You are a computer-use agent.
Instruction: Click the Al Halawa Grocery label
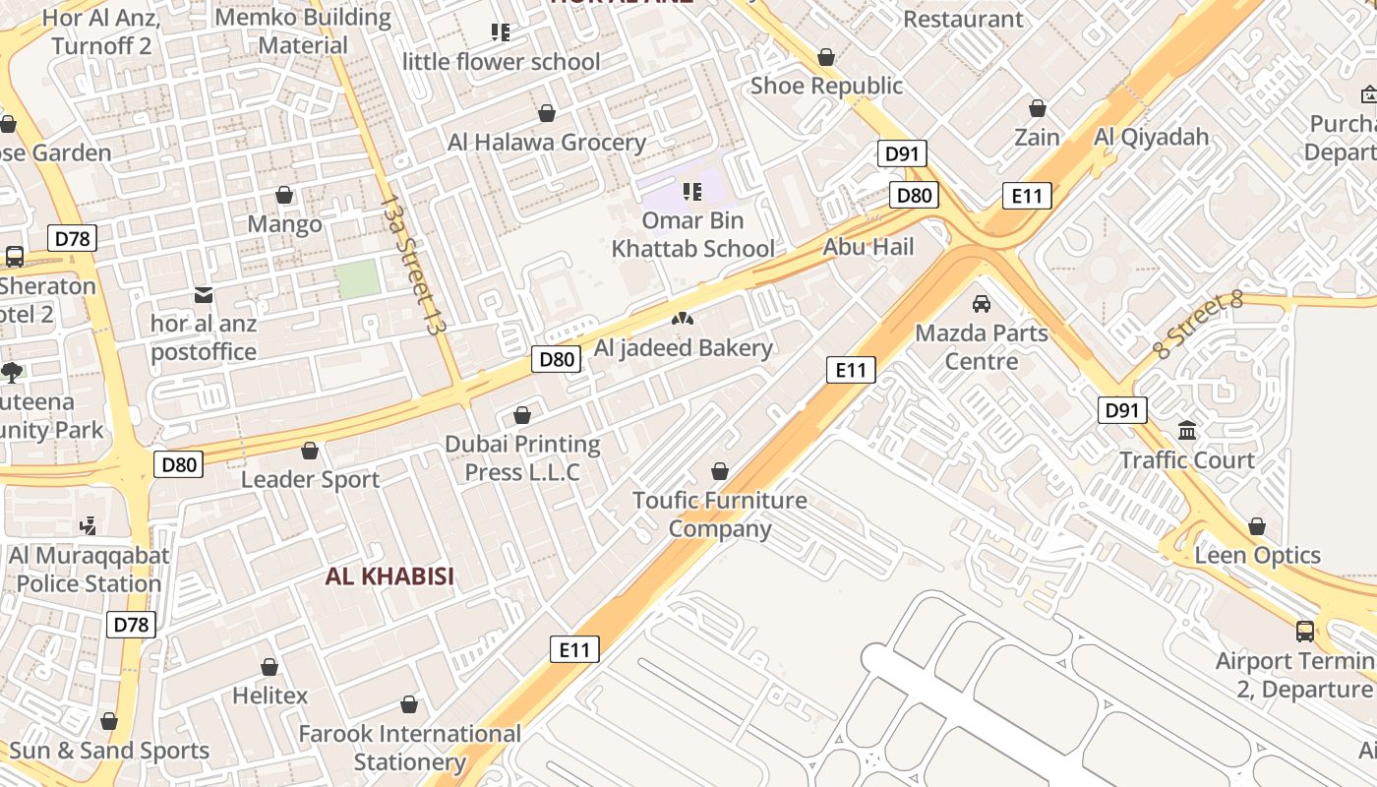point(547,143)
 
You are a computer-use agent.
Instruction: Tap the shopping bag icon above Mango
point(284,196)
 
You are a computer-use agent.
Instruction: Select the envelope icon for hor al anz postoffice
point(204,295)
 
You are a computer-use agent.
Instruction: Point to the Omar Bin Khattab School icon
point(692,191)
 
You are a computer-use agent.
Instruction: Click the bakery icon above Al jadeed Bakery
point(682,319)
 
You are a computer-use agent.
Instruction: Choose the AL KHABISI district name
point(390,576)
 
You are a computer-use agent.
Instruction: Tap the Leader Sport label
point(310,480)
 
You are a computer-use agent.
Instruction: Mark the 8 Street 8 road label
point(1199,326)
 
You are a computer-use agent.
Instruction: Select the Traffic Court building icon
point(1187,431)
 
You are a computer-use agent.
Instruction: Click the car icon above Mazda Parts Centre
point(981,304)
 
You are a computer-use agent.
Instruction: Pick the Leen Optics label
point(1257,556)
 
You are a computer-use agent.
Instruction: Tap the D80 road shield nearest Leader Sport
point(178,464)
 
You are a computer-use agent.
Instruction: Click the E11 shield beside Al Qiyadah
point(1027,196)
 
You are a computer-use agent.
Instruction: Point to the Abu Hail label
point(868,247)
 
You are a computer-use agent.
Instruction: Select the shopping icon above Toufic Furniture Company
point(720,471)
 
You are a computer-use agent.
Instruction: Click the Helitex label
point(269,696)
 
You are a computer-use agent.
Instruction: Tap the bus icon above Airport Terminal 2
point(1304,632)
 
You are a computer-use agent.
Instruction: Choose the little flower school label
point(501,62)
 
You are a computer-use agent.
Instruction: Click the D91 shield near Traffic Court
point(1122,410)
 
